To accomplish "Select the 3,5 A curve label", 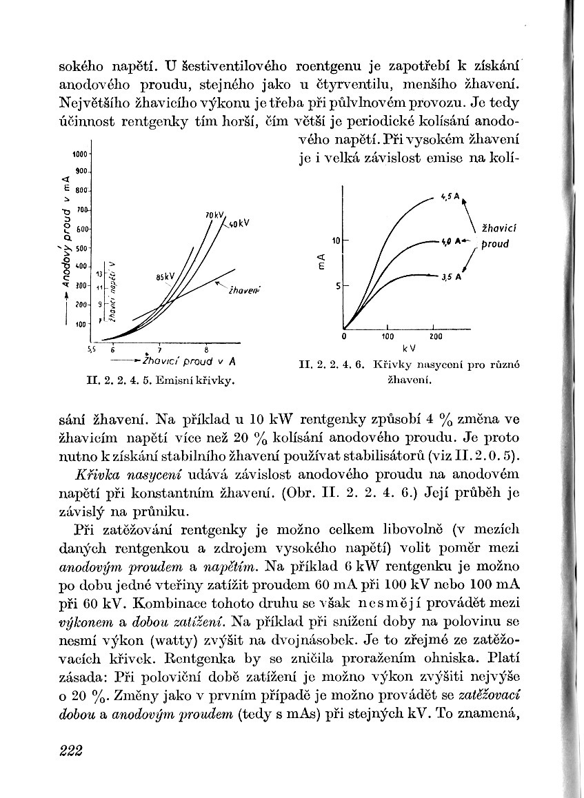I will click(x=452, y=277).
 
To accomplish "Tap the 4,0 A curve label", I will click(x=450, y=242).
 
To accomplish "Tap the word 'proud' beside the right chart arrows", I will click(x=494, y=244).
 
